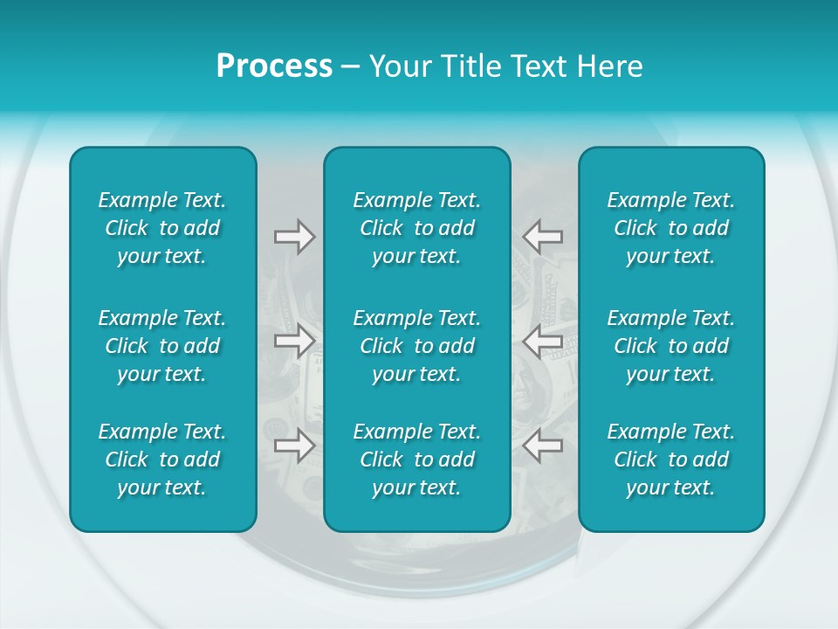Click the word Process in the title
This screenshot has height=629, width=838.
(x=274, y=66)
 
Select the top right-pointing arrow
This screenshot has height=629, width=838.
(x=294, y=237)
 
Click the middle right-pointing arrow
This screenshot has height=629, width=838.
(x=294, y=341)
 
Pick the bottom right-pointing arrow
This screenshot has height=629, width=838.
(x=294, y=446)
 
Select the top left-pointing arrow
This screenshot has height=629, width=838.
(x=543, y=237)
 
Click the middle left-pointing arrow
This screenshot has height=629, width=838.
(x=543, y=341)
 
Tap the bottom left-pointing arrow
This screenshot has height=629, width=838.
(x=543, y=446)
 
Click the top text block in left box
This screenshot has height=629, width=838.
(x=162, y=228)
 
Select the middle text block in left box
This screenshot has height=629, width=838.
(x=162, y=346)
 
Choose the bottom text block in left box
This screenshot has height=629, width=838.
(x=162, y=460)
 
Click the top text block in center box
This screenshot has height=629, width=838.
(x=416, y=228)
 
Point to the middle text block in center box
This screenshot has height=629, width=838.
(x=416, y=346)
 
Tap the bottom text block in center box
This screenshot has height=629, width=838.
(x=416, y=460)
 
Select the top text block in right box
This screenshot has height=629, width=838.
(x=670, y=228)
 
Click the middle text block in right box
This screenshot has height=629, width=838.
(x=670, y=346)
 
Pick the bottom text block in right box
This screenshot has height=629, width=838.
(x=670, y=460)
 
